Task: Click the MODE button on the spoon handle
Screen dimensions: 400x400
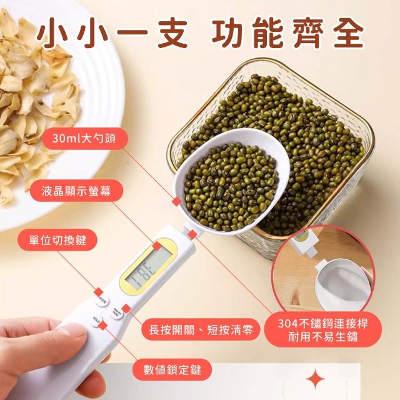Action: pyautogui.click(x=102, y=301)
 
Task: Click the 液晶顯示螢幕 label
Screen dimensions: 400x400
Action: pyautogui.click(x=76, y=191)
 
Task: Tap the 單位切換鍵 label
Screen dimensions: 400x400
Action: pyautogui.click(x=57, y=240)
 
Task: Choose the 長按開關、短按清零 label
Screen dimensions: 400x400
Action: pyautogui.click(x=201, y=329)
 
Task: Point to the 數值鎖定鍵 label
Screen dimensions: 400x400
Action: pyautogui.click(x=172, y=369)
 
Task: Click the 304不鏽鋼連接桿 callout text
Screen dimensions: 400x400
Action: pyautogui.click(x=323, y=324)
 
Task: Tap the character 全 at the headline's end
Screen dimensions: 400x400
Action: pyautogui.click(x=345, y=34)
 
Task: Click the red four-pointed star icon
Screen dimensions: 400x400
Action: pyautogui.click(x=315, y=379)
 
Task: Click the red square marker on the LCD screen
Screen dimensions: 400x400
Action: pyautogui.click(x=157, y=246)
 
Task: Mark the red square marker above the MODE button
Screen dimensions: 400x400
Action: pyautogui.click(x=99, y=292)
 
